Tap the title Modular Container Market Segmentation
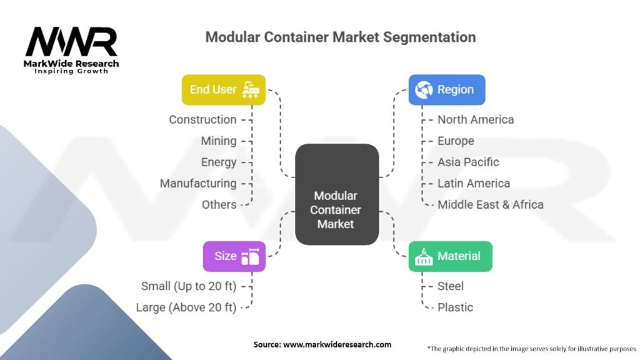341,37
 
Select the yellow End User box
223,89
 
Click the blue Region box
446,89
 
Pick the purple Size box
234,256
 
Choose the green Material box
450,256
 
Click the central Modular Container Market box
336,194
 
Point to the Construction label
202,119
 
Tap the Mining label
219,141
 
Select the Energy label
219,162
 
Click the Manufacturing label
198,183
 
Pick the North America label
476,119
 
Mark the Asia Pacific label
468,162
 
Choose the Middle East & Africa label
491,204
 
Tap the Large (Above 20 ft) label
186,307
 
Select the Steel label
451,286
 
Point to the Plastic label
455,307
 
